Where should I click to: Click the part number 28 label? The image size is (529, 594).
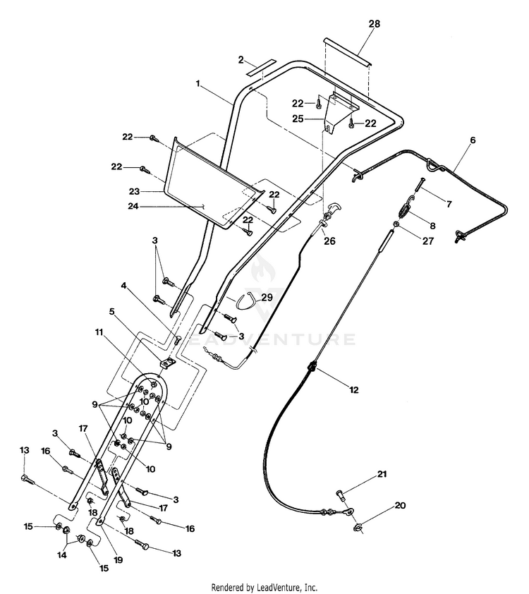[x=374, y=24]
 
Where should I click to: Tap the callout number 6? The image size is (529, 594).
[x=473, y=140]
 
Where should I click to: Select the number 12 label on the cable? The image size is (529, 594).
[x=353, y=390]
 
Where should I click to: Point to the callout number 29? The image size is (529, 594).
[x=267, y=298]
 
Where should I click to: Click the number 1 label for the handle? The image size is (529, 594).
[x=197, y=84]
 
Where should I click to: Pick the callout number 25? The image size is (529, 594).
[x=298, y=119]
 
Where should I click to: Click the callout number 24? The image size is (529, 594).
[x=133, y=207]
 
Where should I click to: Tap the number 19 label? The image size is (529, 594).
[x=118, y=559]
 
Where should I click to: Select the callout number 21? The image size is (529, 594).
[x=382, y=474]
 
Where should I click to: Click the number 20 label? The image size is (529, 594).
[x=400, y=505]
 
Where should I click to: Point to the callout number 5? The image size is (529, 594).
[x=111, y=311]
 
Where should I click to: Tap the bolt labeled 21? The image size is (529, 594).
[x=340, y=495]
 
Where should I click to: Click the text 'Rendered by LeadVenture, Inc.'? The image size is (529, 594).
[x=264, y=588]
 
